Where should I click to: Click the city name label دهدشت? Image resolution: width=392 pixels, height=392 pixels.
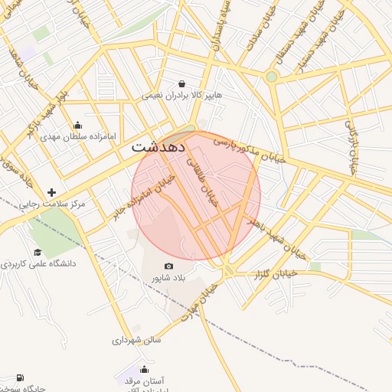164,147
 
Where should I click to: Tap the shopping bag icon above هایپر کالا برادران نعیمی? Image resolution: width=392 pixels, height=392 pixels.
181,83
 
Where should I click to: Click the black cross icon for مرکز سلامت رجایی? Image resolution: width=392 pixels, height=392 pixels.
52,192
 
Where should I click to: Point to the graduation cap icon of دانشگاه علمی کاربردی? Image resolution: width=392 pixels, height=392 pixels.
38,252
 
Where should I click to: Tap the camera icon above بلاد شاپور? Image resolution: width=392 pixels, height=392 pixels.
168,266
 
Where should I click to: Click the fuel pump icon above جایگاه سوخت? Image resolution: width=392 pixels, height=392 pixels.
19,377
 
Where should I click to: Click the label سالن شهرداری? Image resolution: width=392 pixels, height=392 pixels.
137,339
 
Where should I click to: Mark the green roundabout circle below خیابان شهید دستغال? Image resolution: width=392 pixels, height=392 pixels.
271,77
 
